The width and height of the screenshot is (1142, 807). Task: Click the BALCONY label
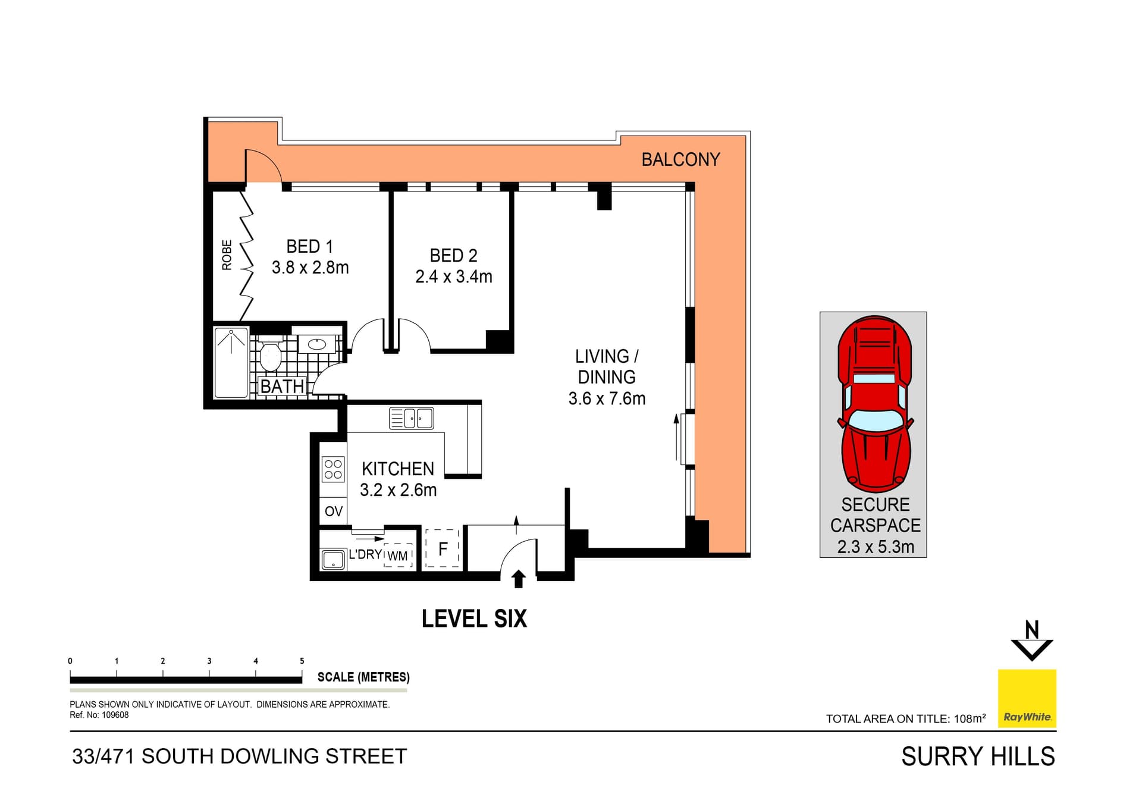[680, 159]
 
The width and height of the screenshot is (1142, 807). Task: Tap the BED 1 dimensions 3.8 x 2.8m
[310, 268]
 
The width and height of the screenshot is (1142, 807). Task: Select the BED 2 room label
[453, 256]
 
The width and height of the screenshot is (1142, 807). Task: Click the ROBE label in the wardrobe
[227, 255]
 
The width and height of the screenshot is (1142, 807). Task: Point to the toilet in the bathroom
[270, 356]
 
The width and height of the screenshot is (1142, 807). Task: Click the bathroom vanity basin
[316, 344]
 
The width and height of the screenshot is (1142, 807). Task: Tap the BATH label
[283, 387]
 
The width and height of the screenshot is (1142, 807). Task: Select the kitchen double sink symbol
[411, 418]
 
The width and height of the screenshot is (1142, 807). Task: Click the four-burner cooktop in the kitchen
[333, 469]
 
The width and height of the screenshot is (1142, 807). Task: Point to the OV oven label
[334, 511]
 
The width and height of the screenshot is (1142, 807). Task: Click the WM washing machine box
[398, 555]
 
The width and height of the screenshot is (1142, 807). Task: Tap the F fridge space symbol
[443, 548]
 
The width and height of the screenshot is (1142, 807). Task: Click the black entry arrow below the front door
[519, 579]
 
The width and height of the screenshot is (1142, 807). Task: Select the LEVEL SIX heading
[474, 619]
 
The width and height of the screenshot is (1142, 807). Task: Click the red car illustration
[875, 404]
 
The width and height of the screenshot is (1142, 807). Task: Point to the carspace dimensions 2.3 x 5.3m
[875, 547]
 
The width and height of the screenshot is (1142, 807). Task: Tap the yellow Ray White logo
[1027, 698]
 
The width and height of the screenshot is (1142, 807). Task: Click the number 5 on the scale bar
[302, 661]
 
